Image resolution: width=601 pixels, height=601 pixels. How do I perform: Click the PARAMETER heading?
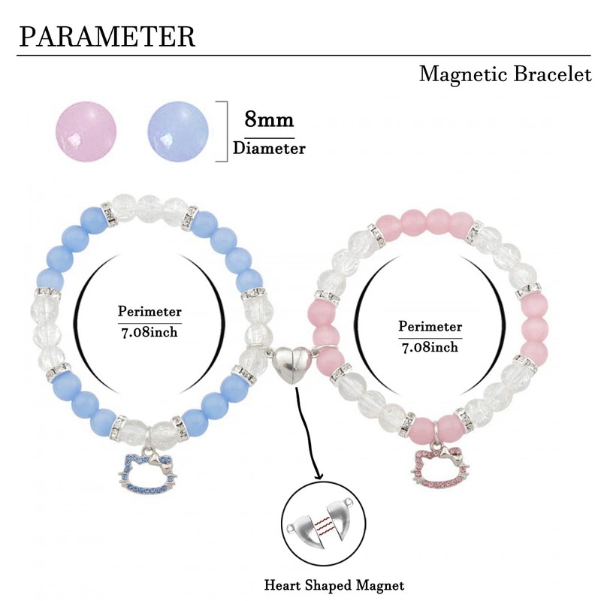[x=107, y=37]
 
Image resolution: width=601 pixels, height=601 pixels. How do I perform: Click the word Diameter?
[x=269, y=148]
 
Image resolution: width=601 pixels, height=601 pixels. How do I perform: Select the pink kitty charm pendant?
[x=440, y=464]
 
